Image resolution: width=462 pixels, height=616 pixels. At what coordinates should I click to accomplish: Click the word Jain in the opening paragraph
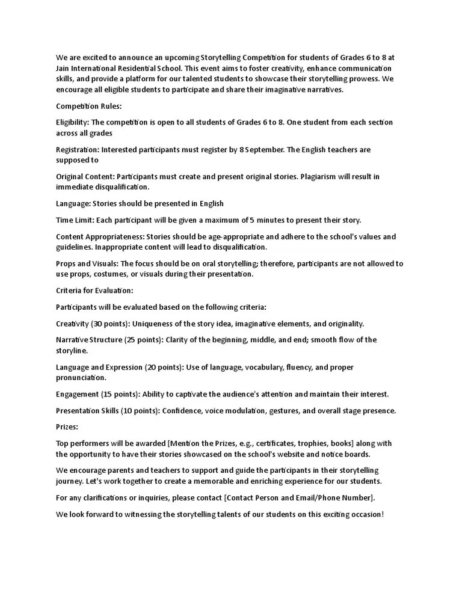64,68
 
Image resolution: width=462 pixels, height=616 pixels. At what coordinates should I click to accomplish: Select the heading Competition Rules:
88,106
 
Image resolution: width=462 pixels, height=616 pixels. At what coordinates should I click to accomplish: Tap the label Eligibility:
72,122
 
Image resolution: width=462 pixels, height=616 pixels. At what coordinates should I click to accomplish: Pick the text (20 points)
163,367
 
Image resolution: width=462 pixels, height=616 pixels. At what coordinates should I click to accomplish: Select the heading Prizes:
67,427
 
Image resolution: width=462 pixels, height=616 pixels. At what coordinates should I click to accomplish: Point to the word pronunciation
81,378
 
